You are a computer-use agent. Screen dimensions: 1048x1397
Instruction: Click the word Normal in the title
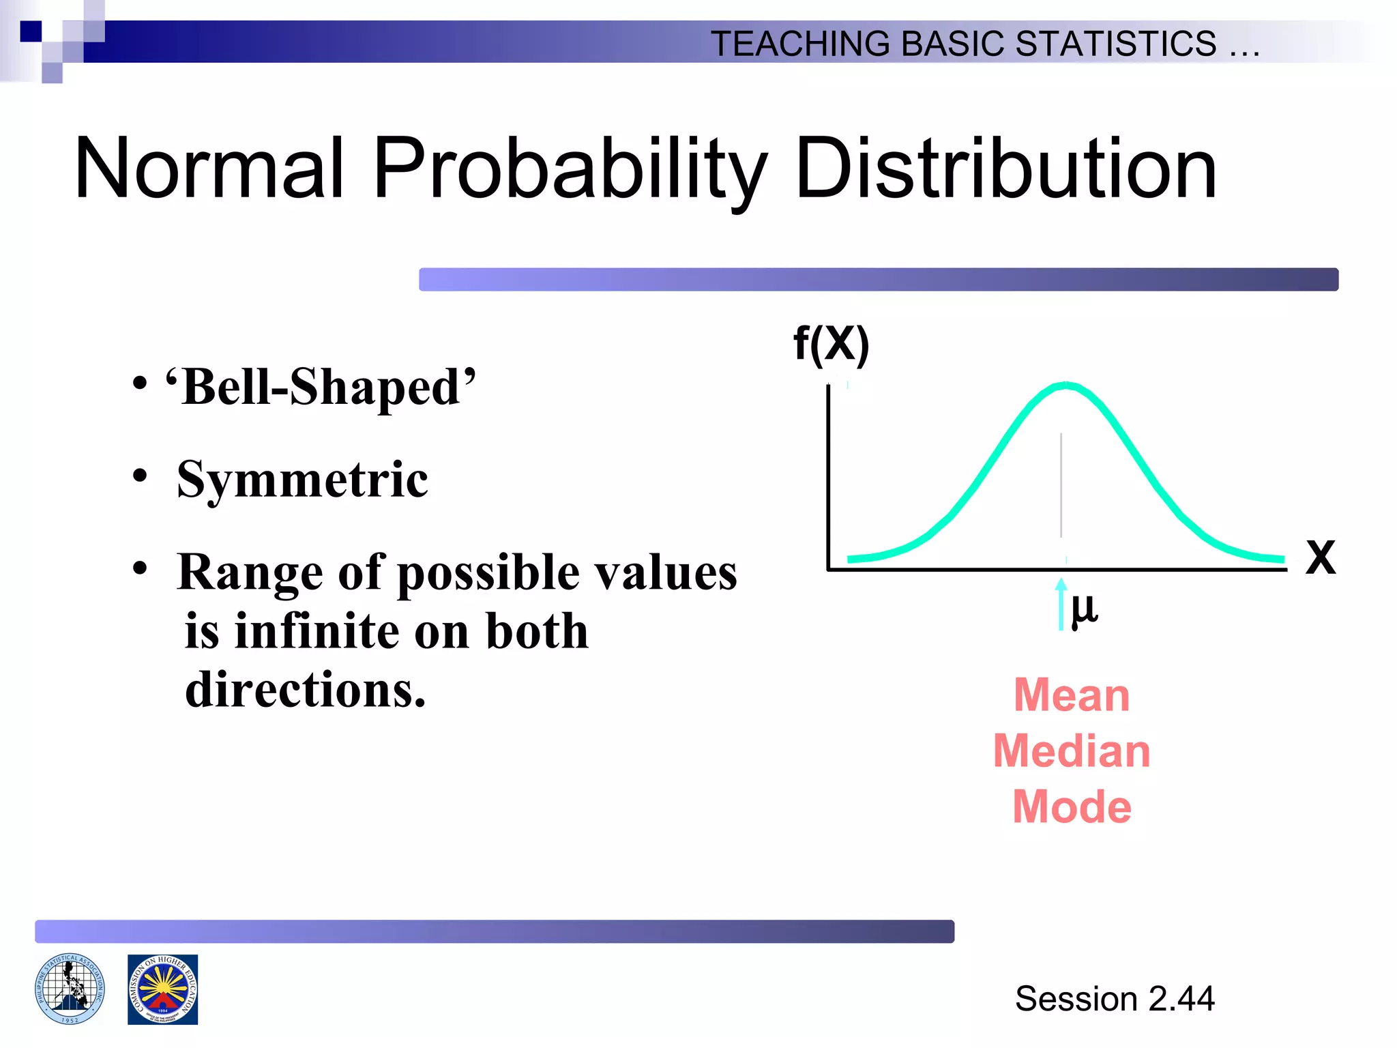click(208, 169)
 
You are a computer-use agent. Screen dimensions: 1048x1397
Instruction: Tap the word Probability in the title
click(570, 169)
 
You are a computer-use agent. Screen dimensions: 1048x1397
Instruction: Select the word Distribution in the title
click(1005, 169)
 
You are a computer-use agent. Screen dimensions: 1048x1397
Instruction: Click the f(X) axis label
click(831, 344)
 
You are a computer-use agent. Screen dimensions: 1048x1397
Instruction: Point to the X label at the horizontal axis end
click(1320, 558)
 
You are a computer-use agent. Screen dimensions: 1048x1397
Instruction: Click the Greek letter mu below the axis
click(1084, 609)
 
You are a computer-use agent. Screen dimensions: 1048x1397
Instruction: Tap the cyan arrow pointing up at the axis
click(1061, 605)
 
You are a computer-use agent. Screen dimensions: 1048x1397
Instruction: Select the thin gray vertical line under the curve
click(1061, 484)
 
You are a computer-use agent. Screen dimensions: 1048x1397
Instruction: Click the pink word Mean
click(1072, 695)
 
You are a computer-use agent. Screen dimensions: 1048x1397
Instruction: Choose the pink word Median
click(1072, 751)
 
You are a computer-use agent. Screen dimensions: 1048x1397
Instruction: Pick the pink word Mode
click(1072, 807)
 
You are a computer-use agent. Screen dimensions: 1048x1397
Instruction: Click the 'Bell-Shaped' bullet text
click(321, 388)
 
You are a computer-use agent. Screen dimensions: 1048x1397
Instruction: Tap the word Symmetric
click(302, 480)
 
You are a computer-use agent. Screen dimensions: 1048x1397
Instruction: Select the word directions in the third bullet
click(305, 690)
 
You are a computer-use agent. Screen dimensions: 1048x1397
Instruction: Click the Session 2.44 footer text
click(1115, 999)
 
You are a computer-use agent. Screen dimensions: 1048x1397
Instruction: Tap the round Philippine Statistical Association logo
click(70, 989)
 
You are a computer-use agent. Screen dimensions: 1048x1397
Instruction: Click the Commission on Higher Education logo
click(162, 989)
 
